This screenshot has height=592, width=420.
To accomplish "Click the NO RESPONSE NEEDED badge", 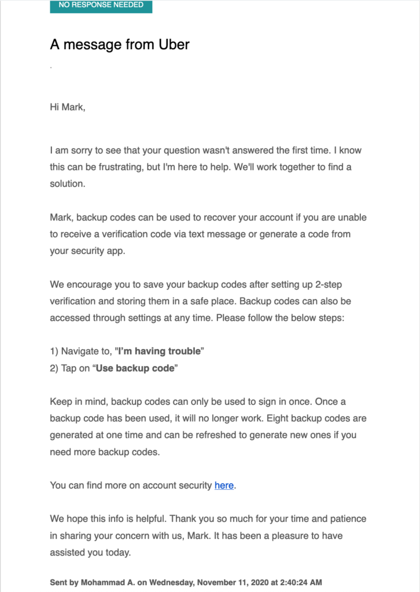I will tap(101, 5).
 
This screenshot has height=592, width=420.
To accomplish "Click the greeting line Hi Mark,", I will tap(68, 108).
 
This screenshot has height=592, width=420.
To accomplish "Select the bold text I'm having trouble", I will tap(160, 351).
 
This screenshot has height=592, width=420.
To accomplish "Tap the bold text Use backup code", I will tap(135, 368).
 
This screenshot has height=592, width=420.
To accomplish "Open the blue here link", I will tap(224, 486).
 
